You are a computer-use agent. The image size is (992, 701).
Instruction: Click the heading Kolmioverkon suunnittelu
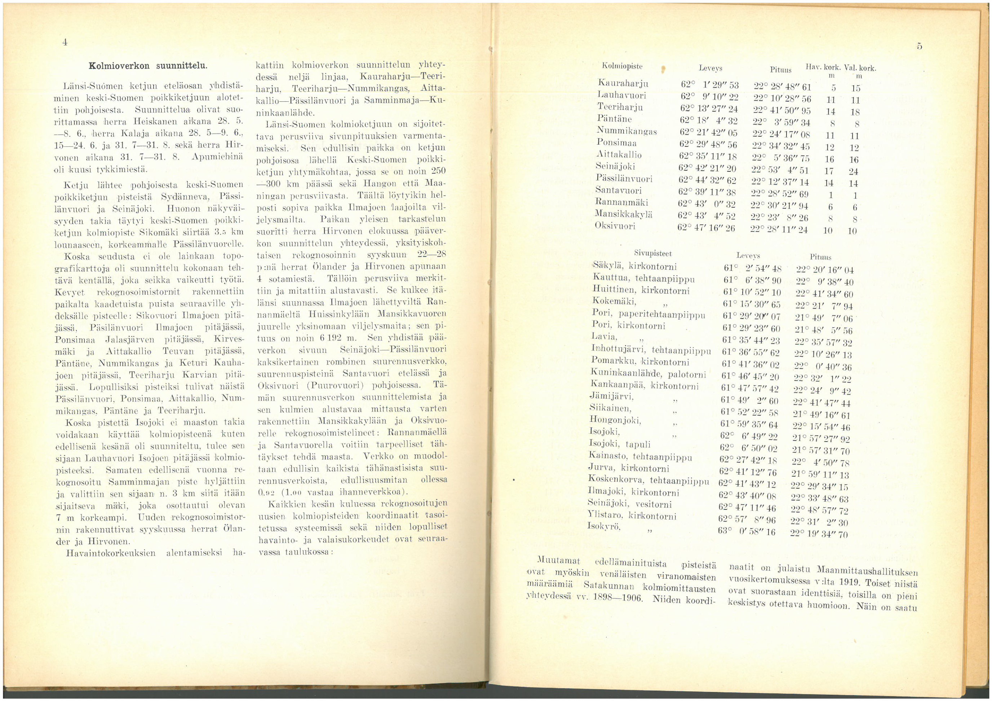[x=148, y=66]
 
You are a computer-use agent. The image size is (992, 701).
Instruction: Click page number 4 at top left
[x=64, y=42]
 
